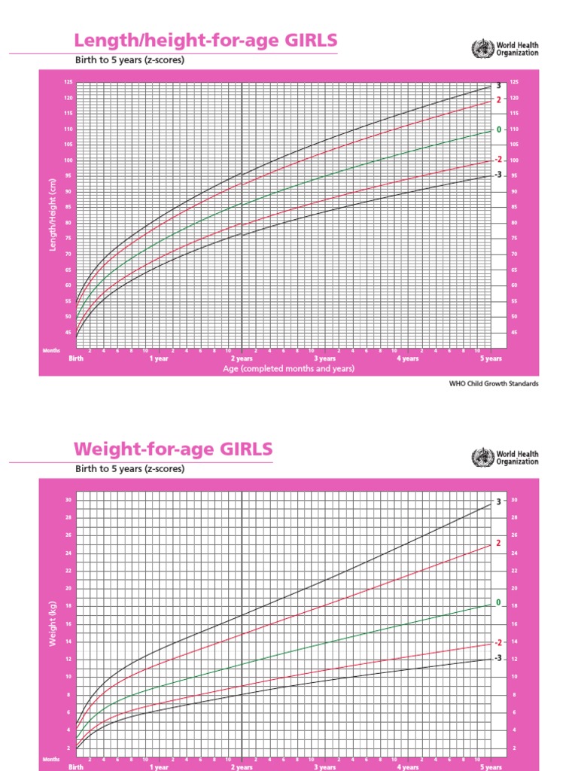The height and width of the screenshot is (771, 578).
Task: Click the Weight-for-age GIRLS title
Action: [x=173, y=449]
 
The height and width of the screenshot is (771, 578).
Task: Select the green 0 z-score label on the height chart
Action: [x=498, y=130]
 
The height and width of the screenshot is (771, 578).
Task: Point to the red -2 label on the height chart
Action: [x=497, y=160]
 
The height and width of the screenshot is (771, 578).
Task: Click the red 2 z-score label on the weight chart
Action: [x=498, y=543]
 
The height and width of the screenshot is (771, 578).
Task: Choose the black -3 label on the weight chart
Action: [x=497, y=658]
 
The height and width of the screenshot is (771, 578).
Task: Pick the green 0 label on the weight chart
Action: [x=498, y=602]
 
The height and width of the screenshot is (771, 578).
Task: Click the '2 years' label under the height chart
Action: [x=242, y=359]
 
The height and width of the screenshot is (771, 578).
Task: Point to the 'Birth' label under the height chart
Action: [x=76, y=359]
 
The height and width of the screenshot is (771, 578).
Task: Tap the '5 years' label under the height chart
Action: [x=491, y=359]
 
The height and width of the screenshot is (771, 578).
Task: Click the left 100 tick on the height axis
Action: [x=68, y=160]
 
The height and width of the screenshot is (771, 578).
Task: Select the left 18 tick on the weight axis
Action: [x=68, y=606]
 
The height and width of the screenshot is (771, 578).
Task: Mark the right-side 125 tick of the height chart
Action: [x=514, y=82]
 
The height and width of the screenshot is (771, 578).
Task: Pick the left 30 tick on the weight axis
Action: [x=68, y=500]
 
